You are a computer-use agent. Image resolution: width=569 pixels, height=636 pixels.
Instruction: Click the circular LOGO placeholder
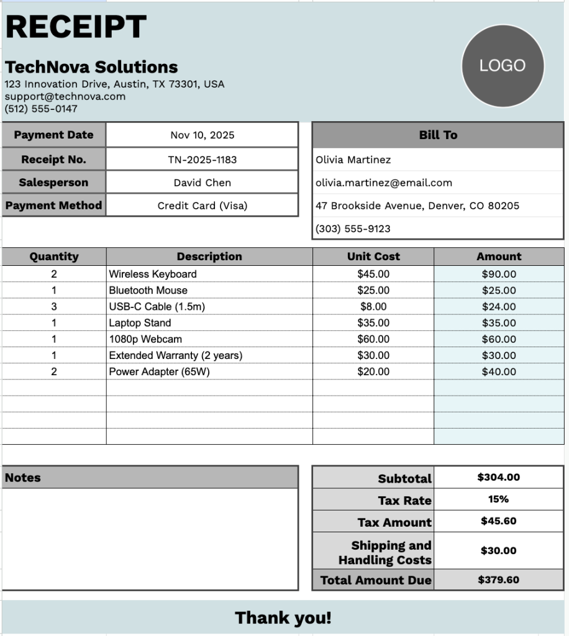pos(503,66)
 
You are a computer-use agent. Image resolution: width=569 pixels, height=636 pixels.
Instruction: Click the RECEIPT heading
pos(76,27)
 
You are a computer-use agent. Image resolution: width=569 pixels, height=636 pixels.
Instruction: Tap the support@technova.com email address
pos(65,96)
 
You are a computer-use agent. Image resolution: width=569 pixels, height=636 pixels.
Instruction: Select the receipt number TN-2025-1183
pos(202,160)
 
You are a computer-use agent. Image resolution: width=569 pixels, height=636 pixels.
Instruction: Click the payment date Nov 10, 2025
pos(202,135)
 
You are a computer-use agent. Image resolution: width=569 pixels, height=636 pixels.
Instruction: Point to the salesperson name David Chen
pos(202,183)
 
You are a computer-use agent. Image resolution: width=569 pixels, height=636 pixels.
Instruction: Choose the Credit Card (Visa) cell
pos(202,206)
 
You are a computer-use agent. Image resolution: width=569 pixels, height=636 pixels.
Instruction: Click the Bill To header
pos(438,135)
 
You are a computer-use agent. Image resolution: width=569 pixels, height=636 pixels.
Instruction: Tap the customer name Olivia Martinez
pos(353,160)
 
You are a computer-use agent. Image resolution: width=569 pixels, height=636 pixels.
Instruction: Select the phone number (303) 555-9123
pos(353,229)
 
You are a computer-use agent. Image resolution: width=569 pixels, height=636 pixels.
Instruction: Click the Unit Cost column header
pos(373,257)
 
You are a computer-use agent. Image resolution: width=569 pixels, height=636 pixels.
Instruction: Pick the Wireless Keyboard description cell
pos(153,274)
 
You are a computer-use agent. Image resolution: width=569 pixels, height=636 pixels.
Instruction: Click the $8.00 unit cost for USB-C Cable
pos(373,306)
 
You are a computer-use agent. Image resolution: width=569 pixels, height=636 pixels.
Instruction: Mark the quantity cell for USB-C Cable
pos(54,306)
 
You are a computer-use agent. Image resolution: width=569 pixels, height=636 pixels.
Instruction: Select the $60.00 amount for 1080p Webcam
pos(499,339)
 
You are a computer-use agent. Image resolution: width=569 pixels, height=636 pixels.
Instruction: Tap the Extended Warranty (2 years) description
pos(175,355)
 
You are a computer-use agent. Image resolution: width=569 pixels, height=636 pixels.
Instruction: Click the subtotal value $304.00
pos(498,478)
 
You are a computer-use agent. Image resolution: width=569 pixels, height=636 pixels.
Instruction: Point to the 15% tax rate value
pos(498,499)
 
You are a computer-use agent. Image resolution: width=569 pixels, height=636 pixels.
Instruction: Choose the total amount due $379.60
pos(498,580)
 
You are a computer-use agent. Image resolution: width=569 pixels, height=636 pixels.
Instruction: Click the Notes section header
pos(23,478)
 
